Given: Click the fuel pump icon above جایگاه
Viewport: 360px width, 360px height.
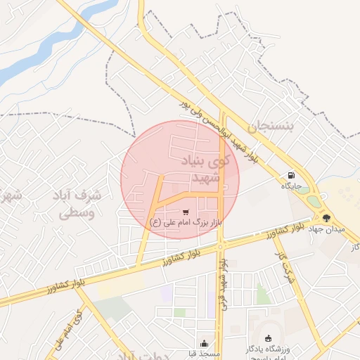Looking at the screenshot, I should coord(290,176).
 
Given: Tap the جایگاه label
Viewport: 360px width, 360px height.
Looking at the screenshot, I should coord(291,186).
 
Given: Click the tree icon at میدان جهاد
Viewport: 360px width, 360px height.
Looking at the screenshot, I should coord(326,217).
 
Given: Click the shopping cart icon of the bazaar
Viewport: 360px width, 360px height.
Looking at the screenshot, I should coord(186,212).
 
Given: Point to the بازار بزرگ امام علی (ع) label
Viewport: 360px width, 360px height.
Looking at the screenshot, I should coord(186,222).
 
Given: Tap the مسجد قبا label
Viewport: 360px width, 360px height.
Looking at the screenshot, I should coord(205,354).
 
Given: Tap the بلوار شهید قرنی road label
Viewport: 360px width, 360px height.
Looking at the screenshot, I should coord(224,283).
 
